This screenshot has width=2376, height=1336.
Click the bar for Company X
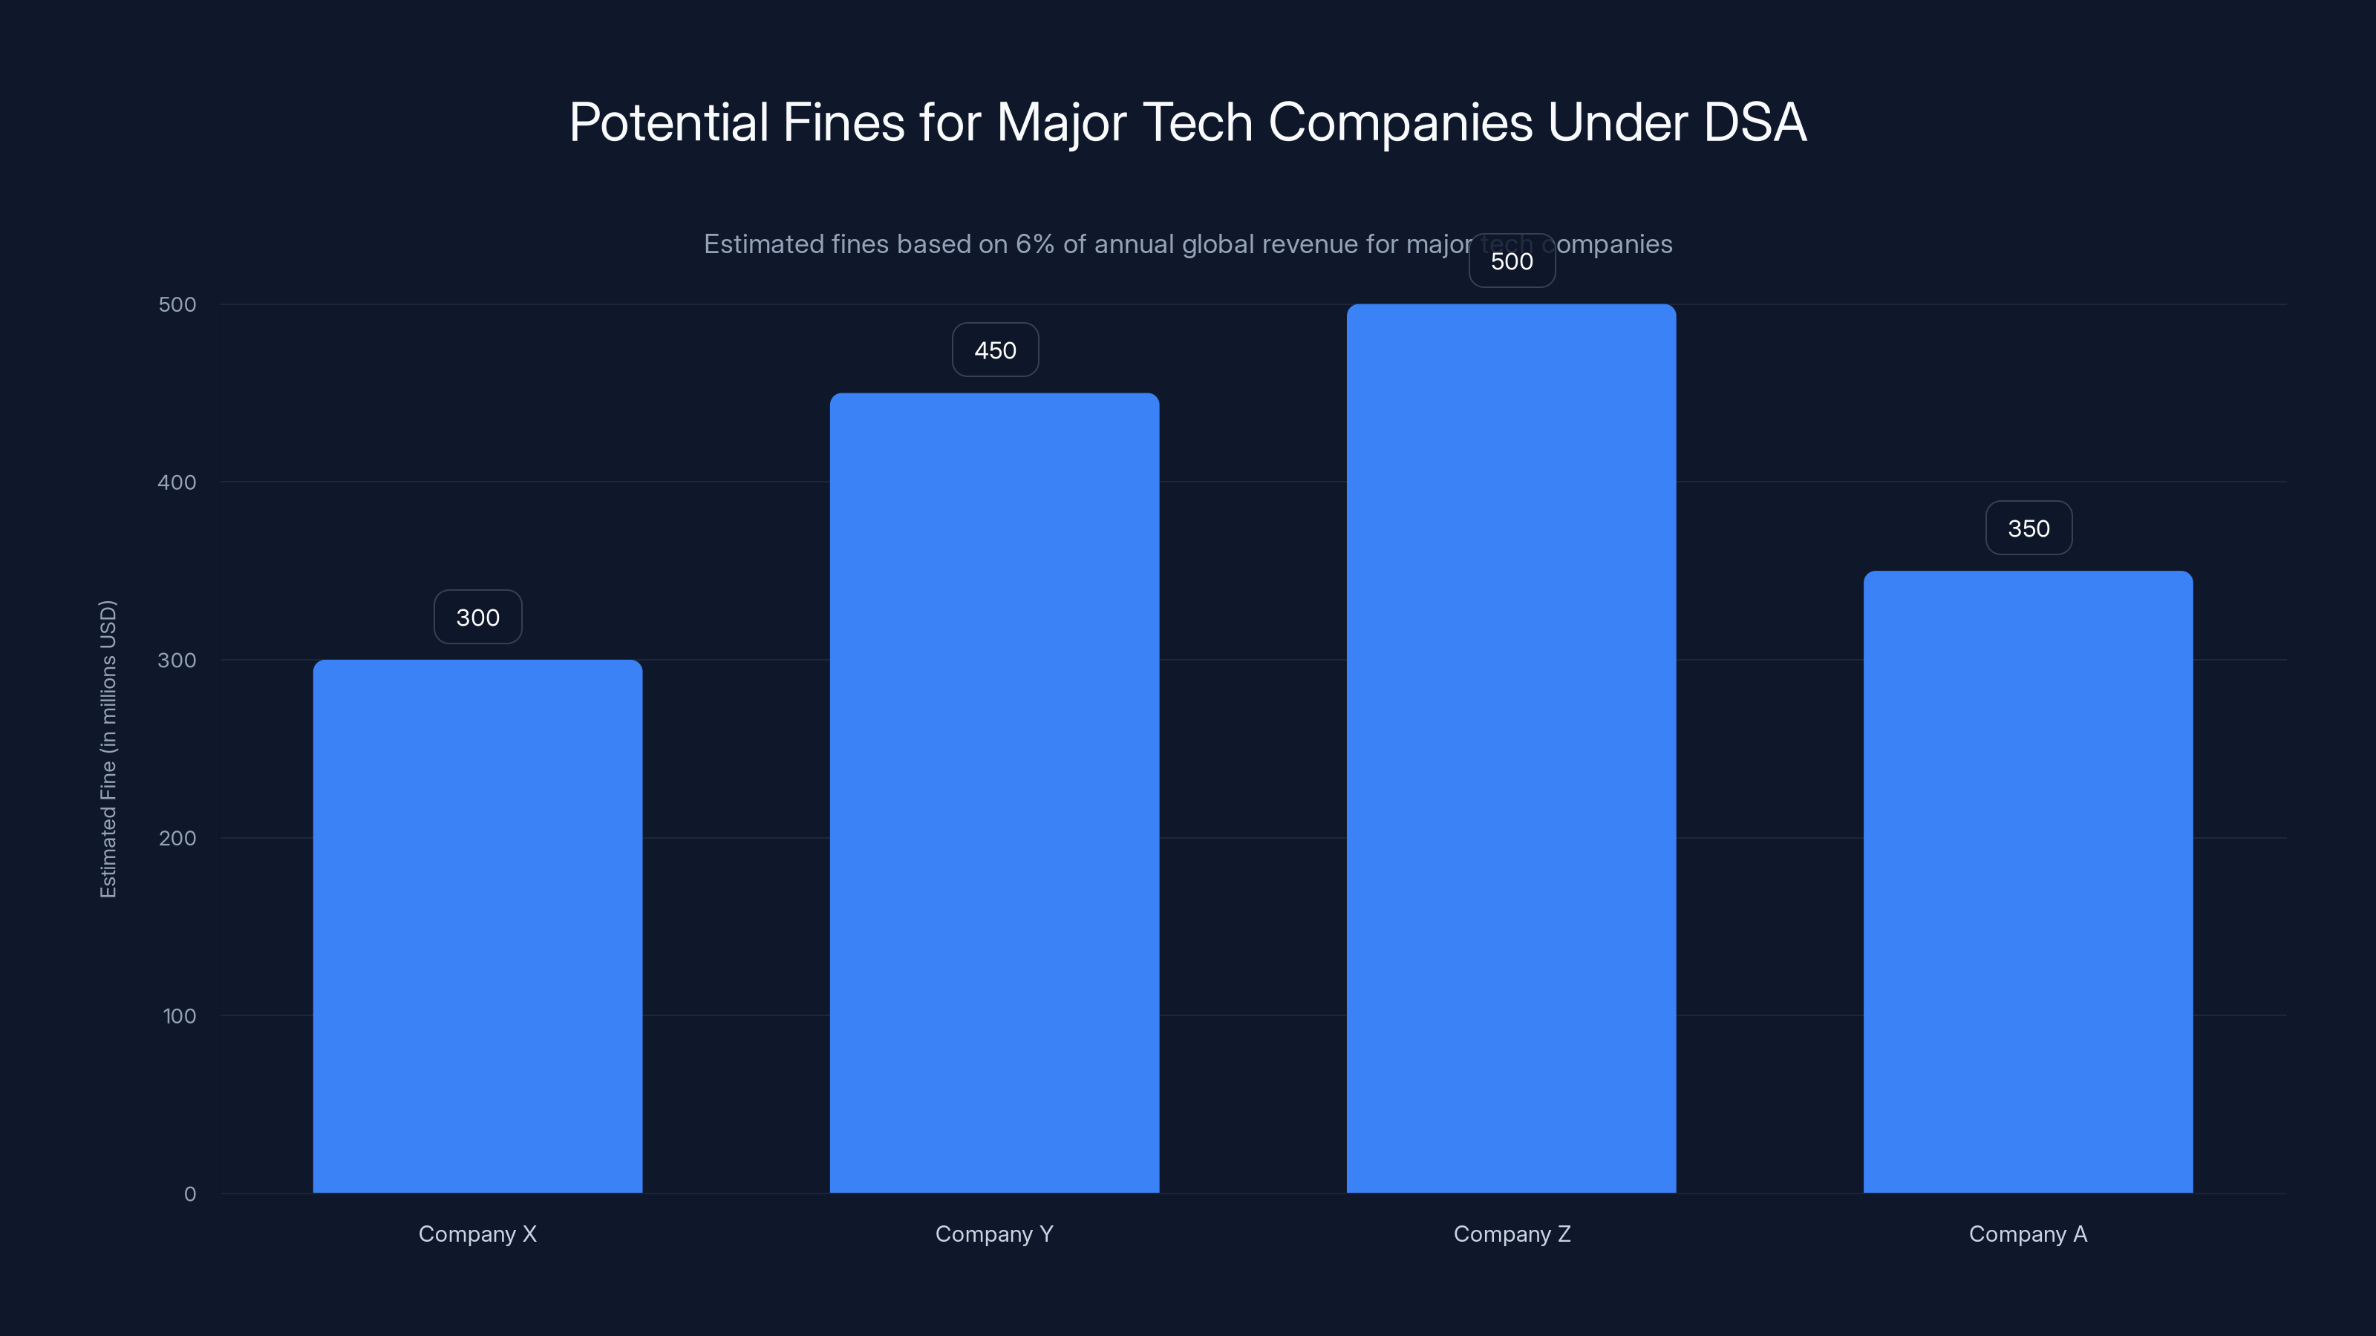point(477,926)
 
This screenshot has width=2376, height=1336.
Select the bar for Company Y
point(994,793)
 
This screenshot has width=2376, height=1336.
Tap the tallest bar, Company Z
point(1511,747)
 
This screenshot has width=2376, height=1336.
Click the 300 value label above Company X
point(477,617)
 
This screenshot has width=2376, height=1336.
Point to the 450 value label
point(995,350)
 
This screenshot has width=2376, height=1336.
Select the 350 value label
point(2029,528)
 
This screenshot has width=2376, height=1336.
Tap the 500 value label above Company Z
point(1512,261)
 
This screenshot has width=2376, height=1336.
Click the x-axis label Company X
point(477,1234)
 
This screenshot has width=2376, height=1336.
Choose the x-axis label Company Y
point(994,1234)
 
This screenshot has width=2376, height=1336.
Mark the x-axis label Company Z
point(1512,1234)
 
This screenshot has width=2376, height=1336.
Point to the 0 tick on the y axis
point(190,1194)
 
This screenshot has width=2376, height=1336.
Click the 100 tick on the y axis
point(179,1016)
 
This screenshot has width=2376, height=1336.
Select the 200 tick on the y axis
point(177,838)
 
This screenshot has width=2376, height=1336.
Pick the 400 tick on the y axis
point(177,482)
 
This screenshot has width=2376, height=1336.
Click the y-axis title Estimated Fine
point(108,749)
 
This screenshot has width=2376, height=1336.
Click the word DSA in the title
point(1755,122)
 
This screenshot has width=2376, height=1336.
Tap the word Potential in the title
point(669,122)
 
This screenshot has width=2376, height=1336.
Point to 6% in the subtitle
point(1034,244)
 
